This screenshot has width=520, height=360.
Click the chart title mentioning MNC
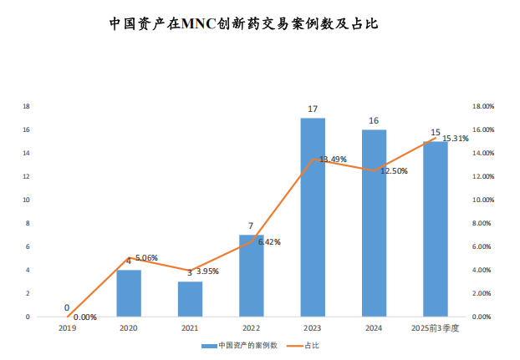(244, 23)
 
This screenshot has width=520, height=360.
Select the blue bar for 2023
(313, 217)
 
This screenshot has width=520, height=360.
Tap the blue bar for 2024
(374, 223)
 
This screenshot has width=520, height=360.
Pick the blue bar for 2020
(129, 293)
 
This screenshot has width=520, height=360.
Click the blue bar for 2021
(190, 299)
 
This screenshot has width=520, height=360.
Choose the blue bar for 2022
(251, 276)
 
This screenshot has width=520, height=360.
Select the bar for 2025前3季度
(435, 229)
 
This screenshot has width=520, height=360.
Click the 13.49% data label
(332, 160)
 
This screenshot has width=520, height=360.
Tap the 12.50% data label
(394, 170)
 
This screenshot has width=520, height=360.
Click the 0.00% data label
(85, 317)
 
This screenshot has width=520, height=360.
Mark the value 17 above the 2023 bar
(313, 109)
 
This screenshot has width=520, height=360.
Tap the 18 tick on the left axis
(28, 107)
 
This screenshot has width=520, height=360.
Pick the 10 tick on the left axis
(28, 200)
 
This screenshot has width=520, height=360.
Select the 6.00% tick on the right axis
(486, 247)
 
